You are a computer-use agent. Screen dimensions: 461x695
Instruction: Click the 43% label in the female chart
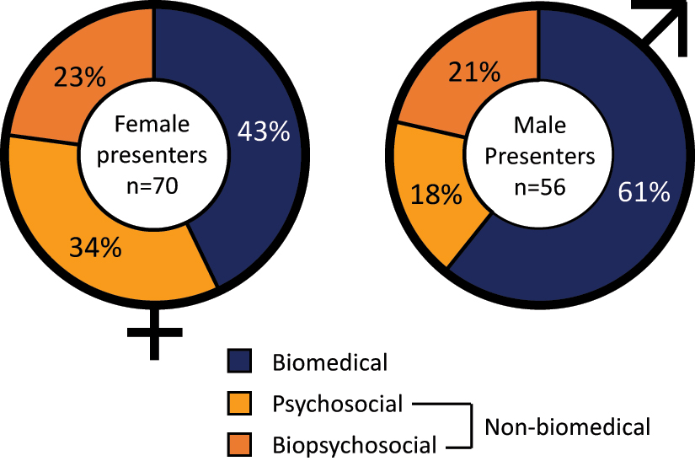pos(264,131)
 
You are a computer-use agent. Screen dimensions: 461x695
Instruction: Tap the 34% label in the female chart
pos(95,249)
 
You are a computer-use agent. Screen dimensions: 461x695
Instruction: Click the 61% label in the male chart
pos(644,193)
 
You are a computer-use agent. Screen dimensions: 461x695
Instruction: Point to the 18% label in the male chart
pos(435,196)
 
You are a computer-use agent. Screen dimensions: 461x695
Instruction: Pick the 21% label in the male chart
pos(473,73)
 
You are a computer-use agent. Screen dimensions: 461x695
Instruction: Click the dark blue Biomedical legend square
pos(242,362)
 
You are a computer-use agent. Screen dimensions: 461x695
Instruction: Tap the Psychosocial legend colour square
pos(242,404)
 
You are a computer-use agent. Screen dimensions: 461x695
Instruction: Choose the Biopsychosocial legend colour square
pos(242,443)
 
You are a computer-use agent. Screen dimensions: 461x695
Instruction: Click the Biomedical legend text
pos(329,363)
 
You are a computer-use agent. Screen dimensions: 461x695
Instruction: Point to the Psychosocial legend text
pos(337,404)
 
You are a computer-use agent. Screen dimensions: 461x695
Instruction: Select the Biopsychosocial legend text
pos(354,445)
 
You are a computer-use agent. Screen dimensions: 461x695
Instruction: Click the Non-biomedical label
pos(567,426)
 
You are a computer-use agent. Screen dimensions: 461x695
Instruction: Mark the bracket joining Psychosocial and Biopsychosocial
pos(466,426)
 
